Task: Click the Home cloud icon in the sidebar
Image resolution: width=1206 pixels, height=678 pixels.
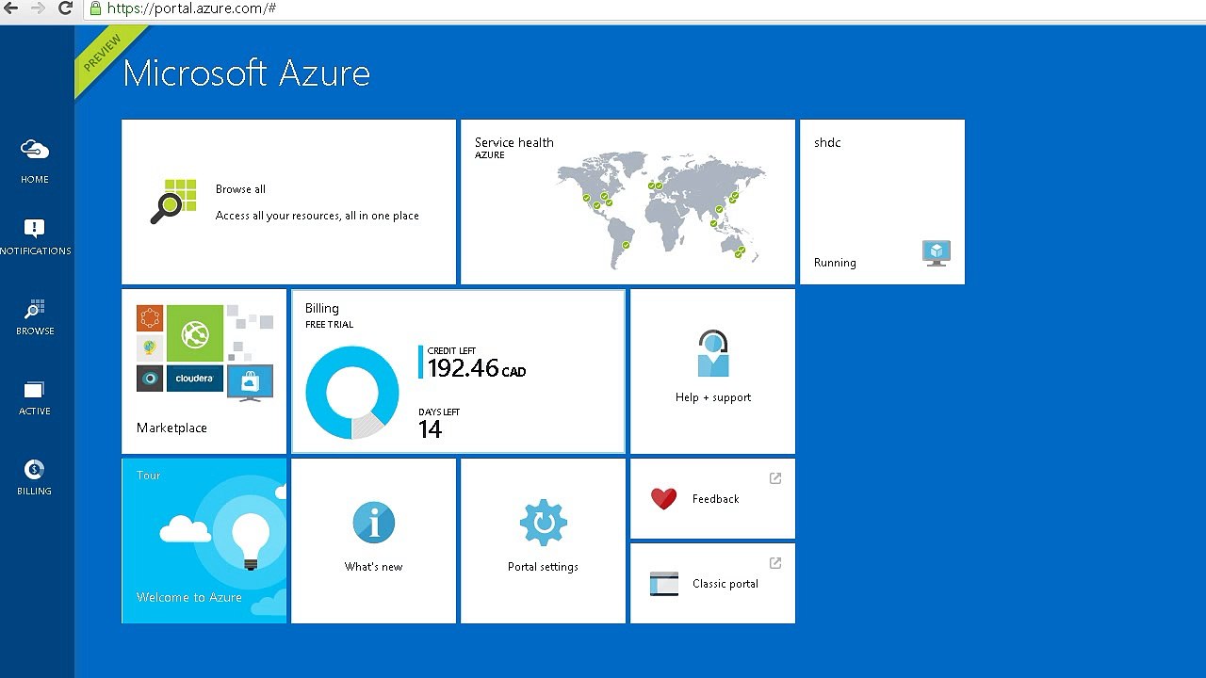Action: [x=35, y=150]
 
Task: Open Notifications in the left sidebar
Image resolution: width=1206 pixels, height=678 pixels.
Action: [x=35, y=229]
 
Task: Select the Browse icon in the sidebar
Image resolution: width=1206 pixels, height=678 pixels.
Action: [x=35, y=309]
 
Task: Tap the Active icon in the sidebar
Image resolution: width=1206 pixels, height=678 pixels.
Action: [x=35, y=390]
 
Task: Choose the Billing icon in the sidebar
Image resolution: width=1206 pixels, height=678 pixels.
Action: [x=35, y=469]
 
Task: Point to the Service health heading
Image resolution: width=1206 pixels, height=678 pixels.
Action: [x=513, y=142]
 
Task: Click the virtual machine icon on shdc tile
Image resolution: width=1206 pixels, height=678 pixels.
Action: [x=936, y=252]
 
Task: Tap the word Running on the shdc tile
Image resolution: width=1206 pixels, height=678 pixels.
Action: [x=835, y=263]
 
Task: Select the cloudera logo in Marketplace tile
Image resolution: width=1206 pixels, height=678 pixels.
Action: [x=195, y=379]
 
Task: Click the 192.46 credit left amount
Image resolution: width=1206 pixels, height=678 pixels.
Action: [x=463, y=368]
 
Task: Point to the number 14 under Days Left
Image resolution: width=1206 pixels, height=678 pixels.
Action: [x=430, y=429]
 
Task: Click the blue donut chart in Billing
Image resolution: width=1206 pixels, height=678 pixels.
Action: [x=352, y=392]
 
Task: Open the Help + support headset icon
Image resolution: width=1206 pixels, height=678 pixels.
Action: [x=713, y=353]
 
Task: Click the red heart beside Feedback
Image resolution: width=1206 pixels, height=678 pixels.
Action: [x=664, y=498]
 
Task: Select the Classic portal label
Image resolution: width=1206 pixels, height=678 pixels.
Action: [x=725, y=584]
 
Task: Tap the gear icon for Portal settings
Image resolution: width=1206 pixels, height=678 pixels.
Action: [x=543, y=523]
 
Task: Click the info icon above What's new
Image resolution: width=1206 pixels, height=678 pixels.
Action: [x=373, y=523]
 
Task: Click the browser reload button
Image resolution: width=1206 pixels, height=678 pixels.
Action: [x=66, y=8]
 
